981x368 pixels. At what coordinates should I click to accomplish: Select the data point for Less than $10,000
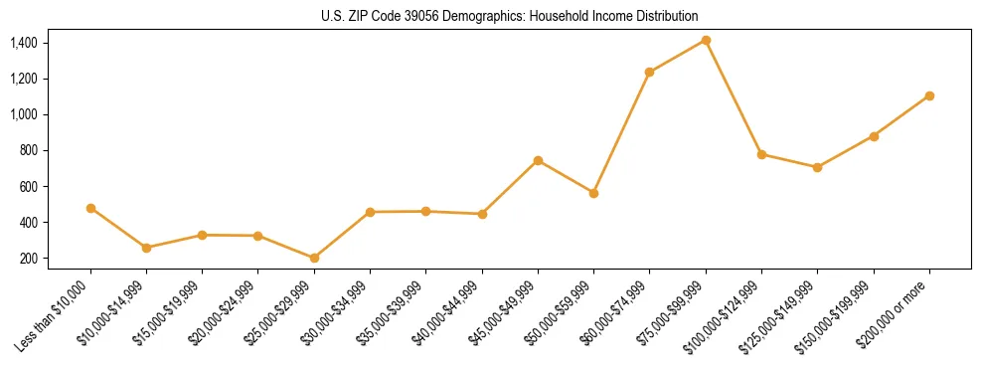[90, 208]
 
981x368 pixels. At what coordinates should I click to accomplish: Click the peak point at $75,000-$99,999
[706, 40]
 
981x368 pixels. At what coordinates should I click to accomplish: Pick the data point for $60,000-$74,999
[649, 72]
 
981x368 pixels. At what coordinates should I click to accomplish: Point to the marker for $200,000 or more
[929, 95]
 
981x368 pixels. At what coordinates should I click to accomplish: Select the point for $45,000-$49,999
[538, 160]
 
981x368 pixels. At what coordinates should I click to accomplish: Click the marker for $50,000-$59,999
[593, 193]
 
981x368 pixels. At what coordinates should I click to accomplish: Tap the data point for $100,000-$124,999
[761, 154]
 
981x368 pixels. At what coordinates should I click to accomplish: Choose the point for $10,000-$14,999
[146, 248]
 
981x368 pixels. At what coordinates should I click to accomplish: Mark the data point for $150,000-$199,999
[874, 135]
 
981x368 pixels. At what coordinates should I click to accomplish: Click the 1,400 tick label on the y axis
[23, 43]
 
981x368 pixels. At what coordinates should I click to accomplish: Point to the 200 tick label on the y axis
[29, 259]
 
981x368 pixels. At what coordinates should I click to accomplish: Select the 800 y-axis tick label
[29, 150]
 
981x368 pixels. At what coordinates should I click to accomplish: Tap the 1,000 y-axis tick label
[23, 114]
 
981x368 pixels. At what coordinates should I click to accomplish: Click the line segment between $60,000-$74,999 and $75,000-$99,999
[678, 56]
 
